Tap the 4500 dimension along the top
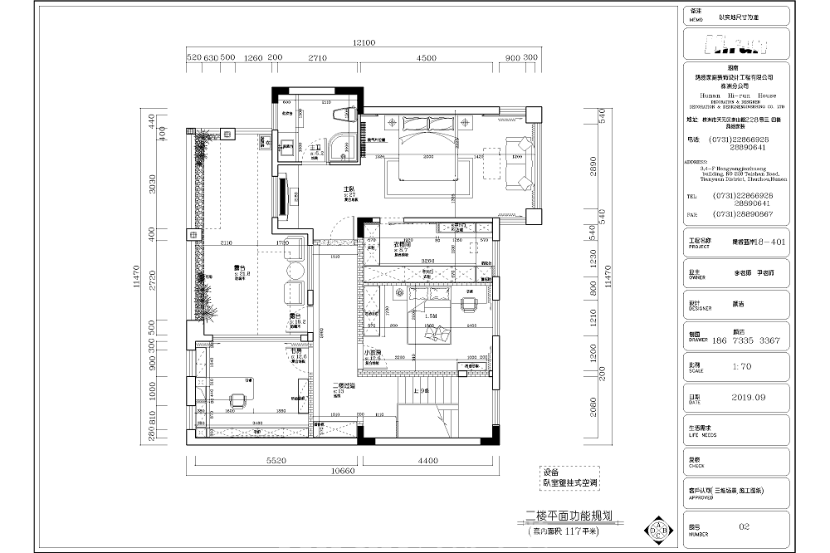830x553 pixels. [427, 58]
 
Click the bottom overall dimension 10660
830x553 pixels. [348, 472]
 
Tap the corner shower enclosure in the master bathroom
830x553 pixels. [339, 147]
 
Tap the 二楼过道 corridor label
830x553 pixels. [344, 385]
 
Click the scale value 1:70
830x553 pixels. [742, 365]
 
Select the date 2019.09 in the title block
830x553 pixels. [748, 397]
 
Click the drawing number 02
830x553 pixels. [744, 526]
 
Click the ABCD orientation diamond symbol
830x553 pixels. [660, 529]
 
